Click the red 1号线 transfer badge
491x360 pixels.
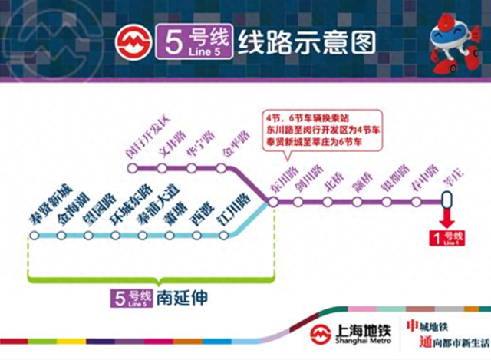(448, 238)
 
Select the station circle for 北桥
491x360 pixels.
(328, 202)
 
